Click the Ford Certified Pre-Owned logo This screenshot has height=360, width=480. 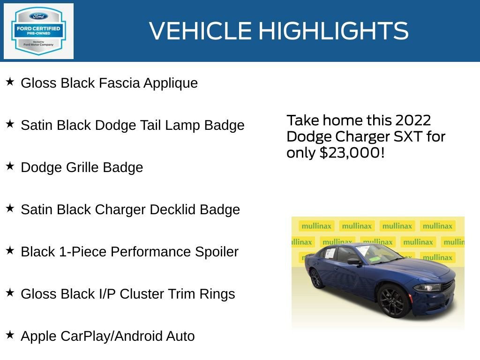[x=38, y=31]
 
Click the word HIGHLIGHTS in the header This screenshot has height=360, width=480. [x=333, y=31]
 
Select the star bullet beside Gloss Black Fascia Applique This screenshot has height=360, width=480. [x=10, y=82]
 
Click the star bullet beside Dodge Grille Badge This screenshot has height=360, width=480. [x=10, y=166]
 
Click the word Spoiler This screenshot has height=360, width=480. [x=217, y=252]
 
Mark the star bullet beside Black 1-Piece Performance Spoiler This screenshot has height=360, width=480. [x=10, y=251]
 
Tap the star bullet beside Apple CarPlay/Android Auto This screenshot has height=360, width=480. [x=10, y=335]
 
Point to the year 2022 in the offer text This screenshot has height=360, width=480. [x=412, y=120]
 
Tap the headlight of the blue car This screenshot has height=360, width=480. [x=428, y=287]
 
